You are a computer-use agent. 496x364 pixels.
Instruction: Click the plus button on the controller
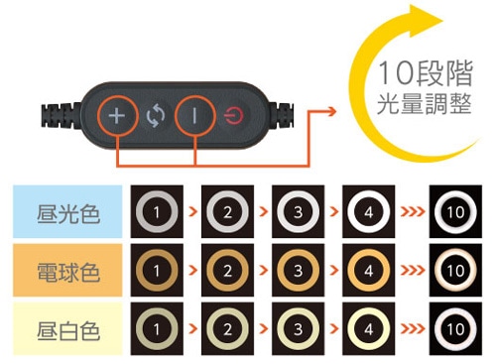117,116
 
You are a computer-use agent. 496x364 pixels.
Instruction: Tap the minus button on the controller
194,116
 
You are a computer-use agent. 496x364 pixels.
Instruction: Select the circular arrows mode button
156,116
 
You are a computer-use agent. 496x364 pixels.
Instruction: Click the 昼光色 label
68,214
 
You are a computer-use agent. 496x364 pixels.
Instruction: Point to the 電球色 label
68,272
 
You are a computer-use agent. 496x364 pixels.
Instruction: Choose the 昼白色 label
68,330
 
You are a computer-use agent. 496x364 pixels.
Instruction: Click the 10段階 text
426,73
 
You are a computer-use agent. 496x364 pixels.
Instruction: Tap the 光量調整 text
425,104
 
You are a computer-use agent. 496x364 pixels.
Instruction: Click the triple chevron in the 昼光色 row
413,211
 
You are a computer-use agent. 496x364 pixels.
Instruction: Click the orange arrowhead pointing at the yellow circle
331,111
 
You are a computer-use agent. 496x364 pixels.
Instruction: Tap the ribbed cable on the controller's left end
62,117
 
